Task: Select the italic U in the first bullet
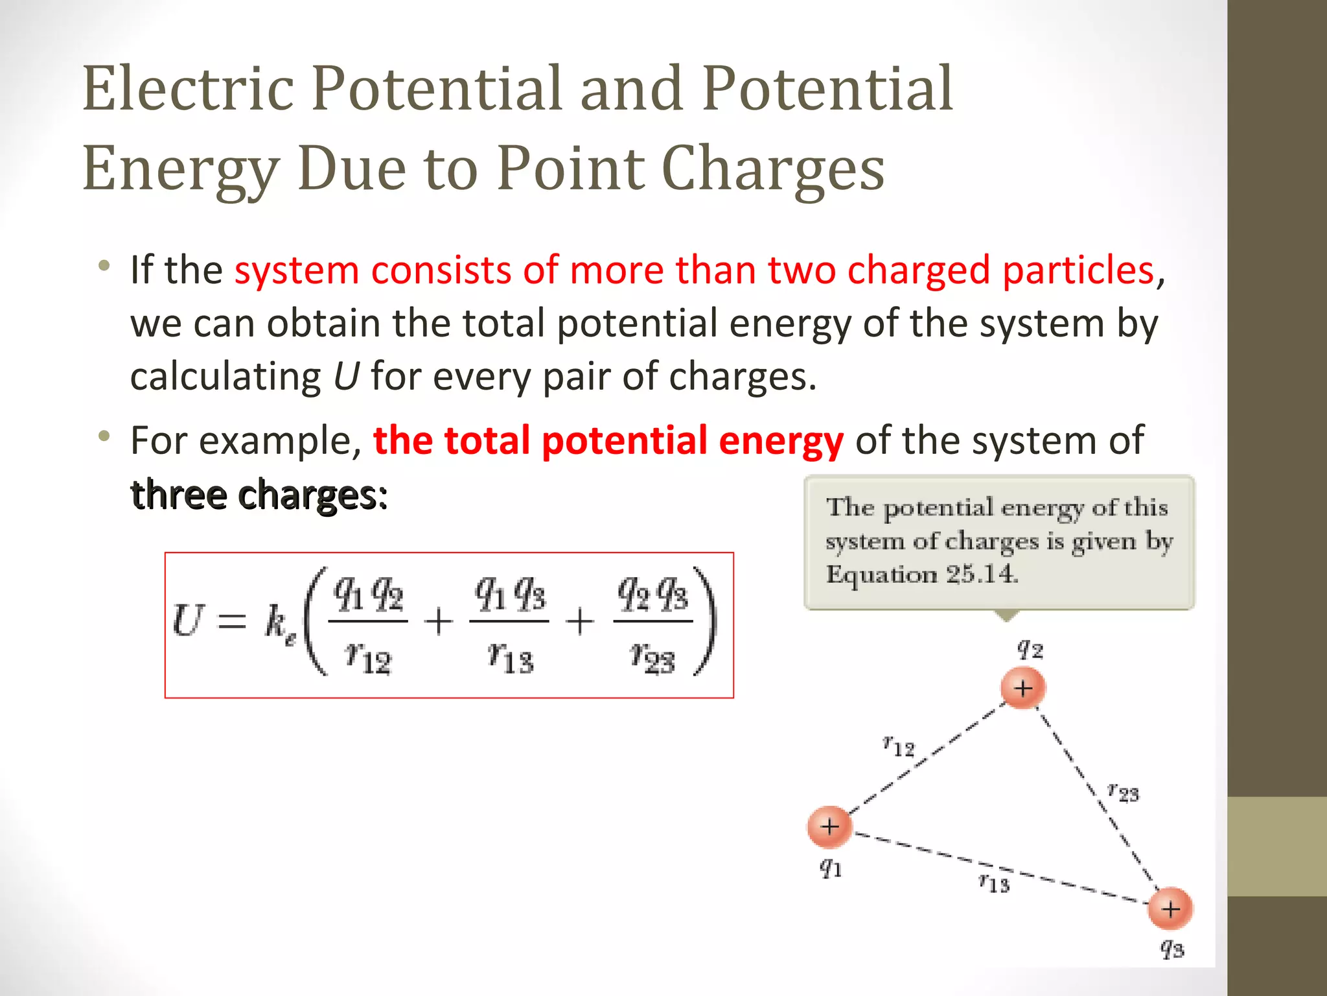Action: [345, 377]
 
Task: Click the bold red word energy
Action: [781, 440]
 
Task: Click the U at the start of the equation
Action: [189, 621]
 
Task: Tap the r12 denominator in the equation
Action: [368, 658]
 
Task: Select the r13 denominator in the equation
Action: [510, 658]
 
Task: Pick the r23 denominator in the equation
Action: [652, 658]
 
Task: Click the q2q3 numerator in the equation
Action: [652, 594]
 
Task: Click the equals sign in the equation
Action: [231, 623]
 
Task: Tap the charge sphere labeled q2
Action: [1022, 688]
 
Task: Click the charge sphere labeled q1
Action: [829, 827]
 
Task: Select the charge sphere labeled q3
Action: [1170, 908]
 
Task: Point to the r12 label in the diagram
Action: [899, 746]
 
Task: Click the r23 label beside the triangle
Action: [1123, 792]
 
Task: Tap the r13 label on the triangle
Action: [994, 883]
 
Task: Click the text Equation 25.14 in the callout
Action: [921, 575]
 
